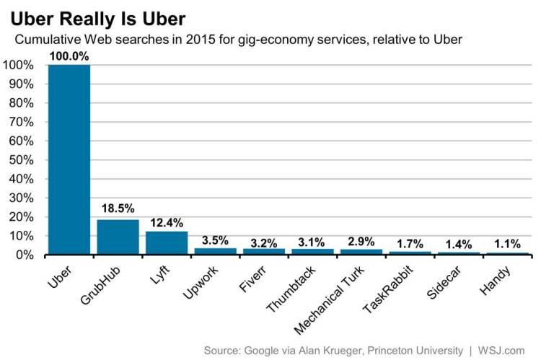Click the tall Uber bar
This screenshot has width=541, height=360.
point(69,159)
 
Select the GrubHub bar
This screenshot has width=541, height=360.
point(118,237)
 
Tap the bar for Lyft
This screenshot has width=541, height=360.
point(167,242)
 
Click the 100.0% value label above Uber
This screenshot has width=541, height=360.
point(69,55)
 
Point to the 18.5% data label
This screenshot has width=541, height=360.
point(118,209)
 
